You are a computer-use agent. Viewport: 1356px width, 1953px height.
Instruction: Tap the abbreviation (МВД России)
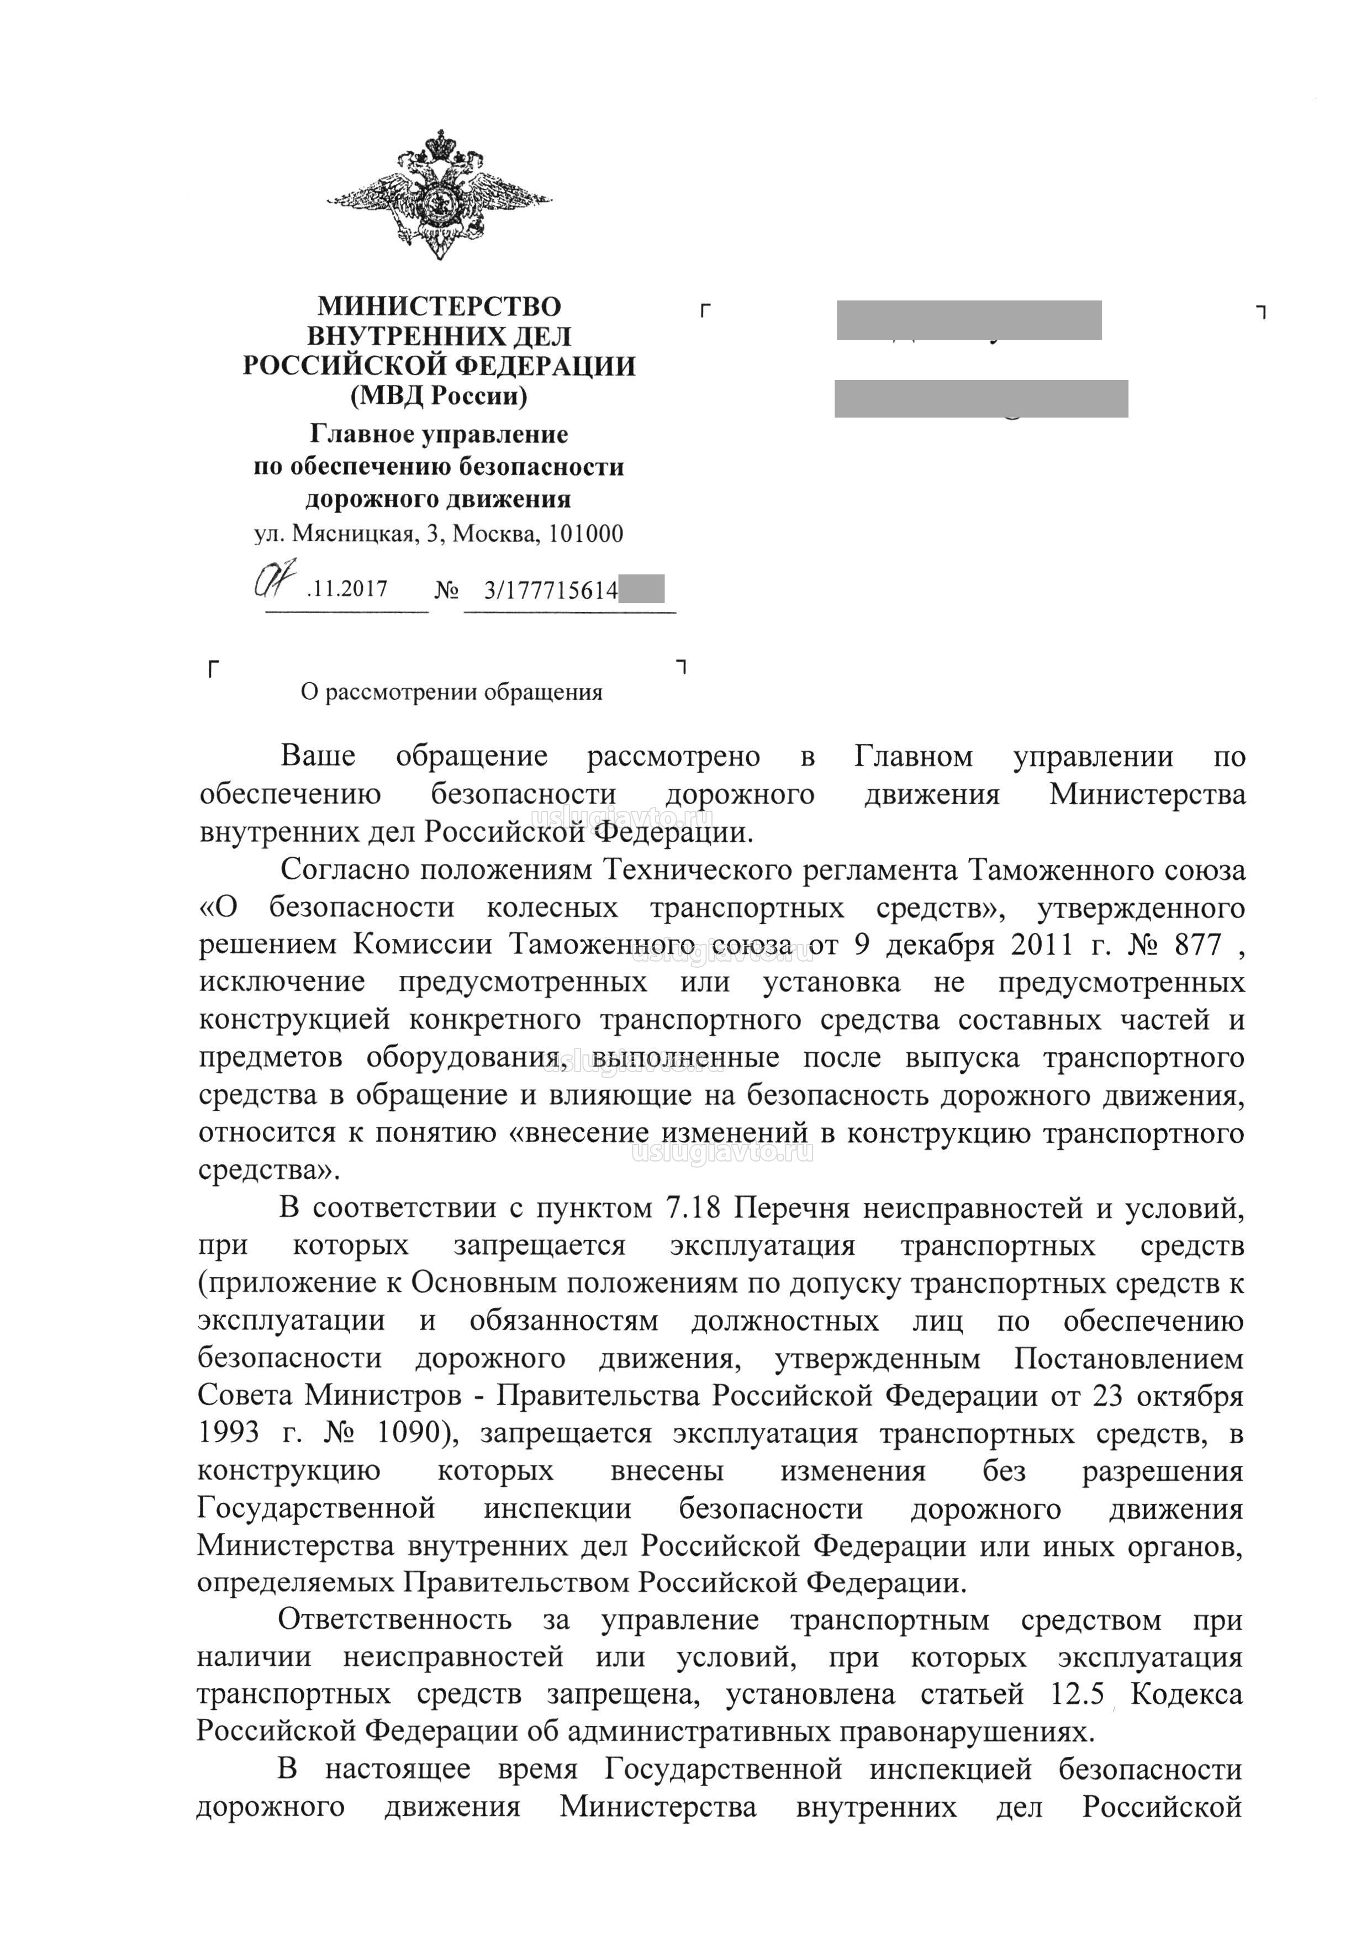click(x=439, y=396)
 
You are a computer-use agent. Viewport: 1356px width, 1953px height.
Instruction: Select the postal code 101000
click(x=586, y=534)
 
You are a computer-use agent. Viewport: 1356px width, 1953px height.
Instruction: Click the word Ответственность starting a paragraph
click(x=394, y=1620)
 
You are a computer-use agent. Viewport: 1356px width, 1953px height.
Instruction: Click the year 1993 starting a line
click(x=229, y=1433)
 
